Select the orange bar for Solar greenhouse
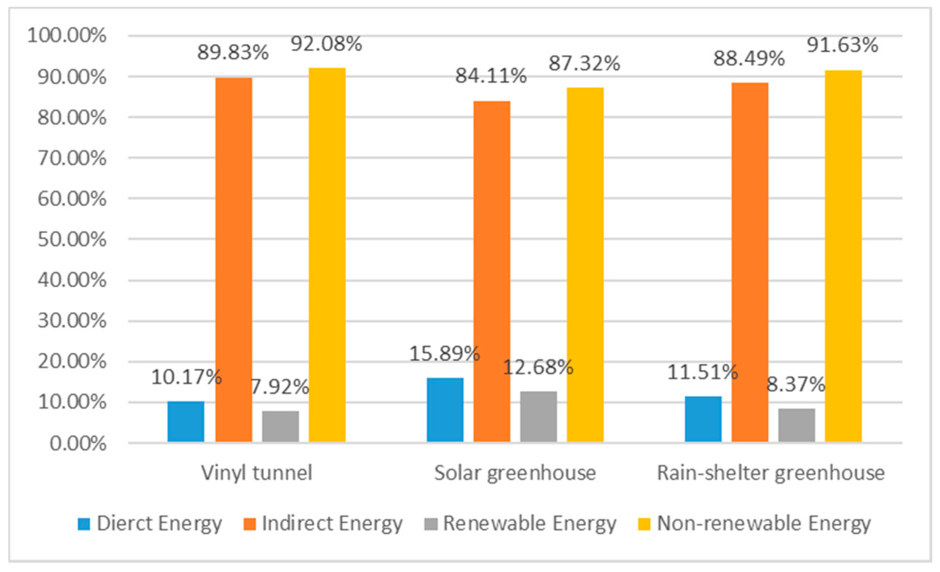click(492, 271)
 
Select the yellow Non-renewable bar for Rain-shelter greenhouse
click(843, 256)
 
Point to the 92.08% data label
click(326, 44)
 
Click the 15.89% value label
click(445, 353)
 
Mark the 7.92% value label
click(280, 387)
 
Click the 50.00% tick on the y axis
click(72, 240)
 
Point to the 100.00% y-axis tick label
click(67, 36)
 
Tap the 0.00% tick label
click(78, 443)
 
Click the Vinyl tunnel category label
click(256, 473)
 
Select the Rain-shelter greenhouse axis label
click(770, 473)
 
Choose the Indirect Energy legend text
click(332, 524)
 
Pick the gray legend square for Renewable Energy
click(430, 524)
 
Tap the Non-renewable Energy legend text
click(764, 524)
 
